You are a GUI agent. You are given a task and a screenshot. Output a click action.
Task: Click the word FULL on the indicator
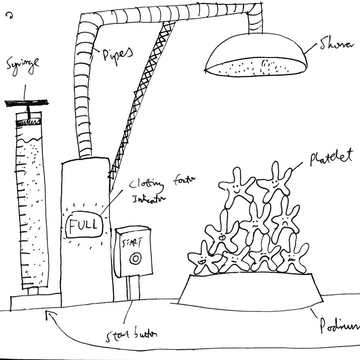point(84,224)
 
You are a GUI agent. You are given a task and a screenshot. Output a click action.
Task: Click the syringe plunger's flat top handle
point(26,103)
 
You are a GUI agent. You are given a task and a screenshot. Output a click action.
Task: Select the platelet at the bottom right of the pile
point(293,256)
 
